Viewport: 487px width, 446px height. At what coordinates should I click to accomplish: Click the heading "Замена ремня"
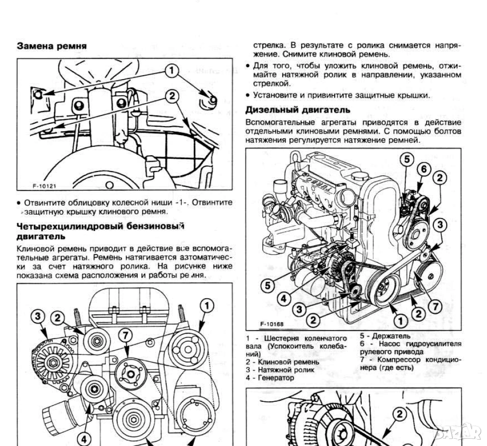52,46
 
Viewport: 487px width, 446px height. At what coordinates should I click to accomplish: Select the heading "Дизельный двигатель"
298,110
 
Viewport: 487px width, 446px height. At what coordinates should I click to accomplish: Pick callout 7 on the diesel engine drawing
434,306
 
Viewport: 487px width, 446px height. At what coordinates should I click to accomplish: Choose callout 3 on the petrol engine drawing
38,317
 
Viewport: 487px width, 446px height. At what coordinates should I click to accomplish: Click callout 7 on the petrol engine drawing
126,335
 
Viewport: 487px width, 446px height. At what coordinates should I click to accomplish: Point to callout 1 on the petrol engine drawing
206,306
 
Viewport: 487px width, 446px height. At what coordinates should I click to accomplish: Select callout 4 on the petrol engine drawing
84,439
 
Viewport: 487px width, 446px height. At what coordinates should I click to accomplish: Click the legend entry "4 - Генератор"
270,378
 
